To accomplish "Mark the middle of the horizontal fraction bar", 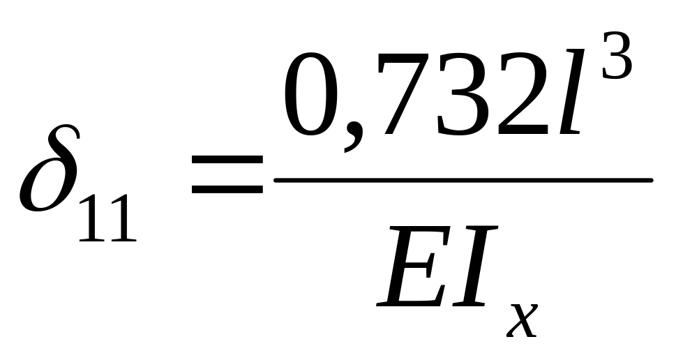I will click(x=463, y=179).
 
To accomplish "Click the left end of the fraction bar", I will click(x=276, y=179).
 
